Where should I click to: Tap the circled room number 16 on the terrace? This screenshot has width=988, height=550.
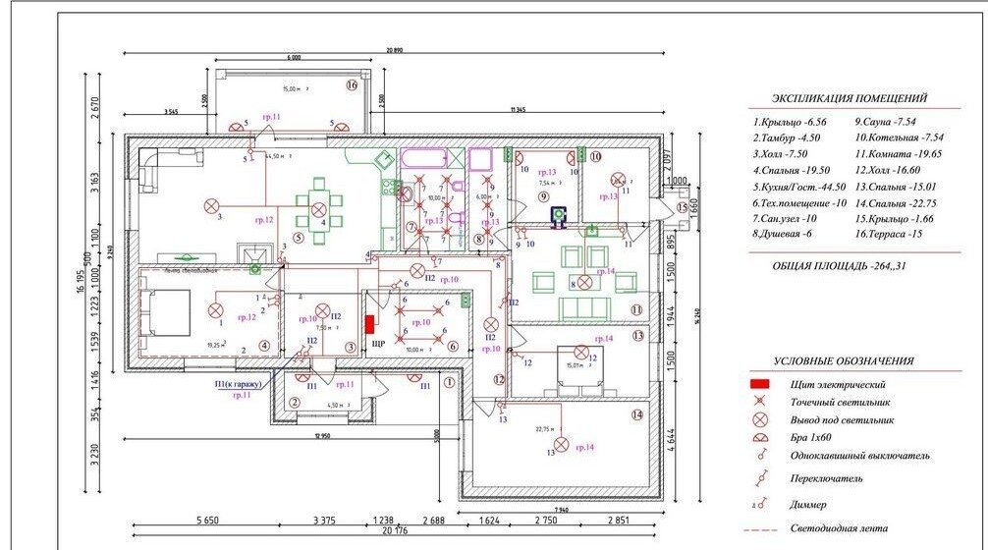click(x=352, y=85)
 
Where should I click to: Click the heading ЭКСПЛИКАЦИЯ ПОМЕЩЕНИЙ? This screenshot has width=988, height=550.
click(x=850, y=99)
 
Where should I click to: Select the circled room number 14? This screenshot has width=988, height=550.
click(x=637, y=414)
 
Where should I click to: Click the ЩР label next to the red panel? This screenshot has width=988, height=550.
click(x=379, y=345)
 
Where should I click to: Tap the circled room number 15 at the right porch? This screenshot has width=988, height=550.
click(x=682, y=208)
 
